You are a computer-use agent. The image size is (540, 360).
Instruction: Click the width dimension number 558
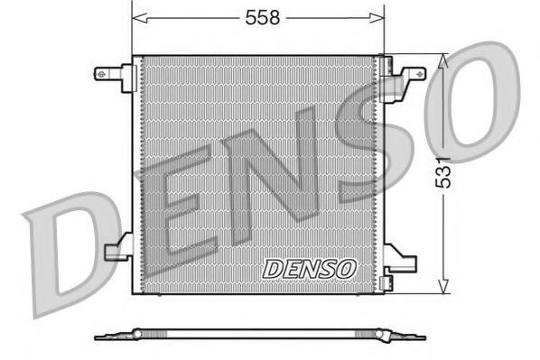pyautogui.click(x=257, y=16)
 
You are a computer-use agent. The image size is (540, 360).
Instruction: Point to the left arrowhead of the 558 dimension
pyautogui.click(x=137, y=16)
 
